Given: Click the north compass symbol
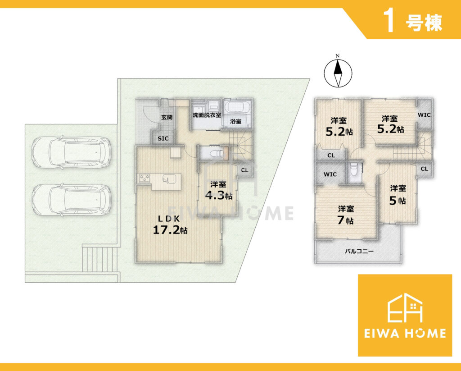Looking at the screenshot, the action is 338,73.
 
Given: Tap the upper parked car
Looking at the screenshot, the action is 72,152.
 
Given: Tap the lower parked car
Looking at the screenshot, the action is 72,200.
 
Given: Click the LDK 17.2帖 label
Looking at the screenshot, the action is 170,225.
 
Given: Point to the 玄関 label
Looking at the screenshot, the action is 167,117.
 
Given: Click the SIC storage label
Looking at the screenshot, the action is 163,138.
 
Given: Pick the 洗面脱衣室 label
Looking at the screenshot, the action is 207,115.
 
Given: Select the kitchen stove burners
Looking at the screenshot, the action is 145,179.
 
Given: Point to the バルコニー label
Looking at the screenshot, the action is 359,252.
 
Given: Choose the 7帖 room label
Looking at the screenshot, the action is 346,215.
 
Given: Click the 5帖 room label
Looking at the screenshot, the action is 398,195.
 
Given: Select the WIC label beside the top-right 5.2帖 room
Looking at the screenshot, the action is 424,115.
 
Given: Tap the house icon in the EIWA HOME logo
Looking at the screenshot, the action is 405,307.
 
